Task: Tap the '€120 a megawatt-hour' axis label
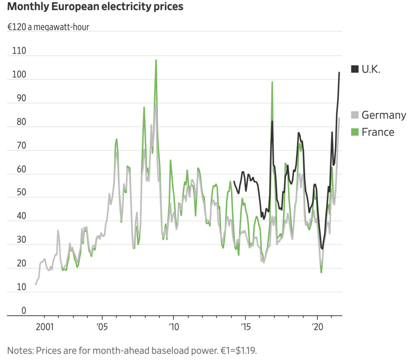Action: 48,28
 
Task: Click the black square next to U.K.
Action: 355,69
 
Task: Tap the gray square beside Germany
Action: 355,115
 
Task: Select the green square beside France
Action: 355,132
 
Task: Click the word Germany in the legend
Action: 384,115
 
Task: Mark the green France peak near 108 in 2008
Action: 156,60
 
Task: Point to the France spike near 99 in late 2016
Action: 272,82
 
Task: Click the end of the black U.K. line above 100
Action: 340,72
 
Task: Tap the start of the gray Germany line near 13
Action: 35,284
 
